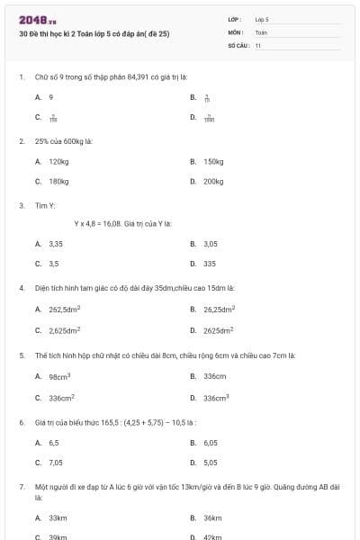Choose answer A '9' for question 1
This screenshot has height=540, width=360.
coord(51,96)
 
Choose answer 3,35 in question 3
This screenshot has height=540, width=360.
coord(56,243)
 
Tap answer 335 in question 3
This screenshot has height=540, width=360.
coord(210,264)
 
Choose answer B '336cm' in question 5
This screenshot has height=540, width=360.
coord(214,376)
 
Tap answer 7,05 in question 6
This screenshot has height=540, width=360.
coord(56,462)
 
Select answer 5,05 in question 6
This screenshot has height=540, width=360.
coord(211,462)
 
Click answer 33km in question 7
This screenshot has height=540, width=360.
coord(58,517)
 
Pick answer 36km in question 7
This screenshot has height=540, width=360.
coord(213,517)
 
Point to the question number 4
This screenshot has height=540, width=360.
coord(21,288)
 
